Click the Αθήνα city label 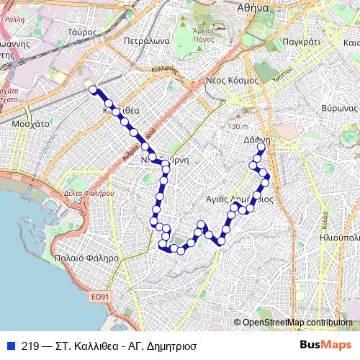click(x=262, y=8)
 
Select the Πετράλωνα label click(x=146, y=41)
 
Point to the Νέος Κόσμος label click(x=232, y=80)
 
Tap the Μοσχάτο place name click(x=30, y=124)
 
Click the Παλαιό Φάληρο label click(x=86, y=257)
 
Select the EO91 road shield click(x=100, y=295)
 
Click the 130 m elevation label click(x=237, y=127)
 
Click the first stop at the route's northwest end click(x=92, y=89)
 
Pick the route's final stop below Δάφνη click(x=261, y=148)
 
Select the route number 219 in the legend click(x=30, y=345)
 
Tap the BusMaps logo click(x=325, y=344)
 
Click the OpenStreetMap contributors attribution click(x=297, y=322)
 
